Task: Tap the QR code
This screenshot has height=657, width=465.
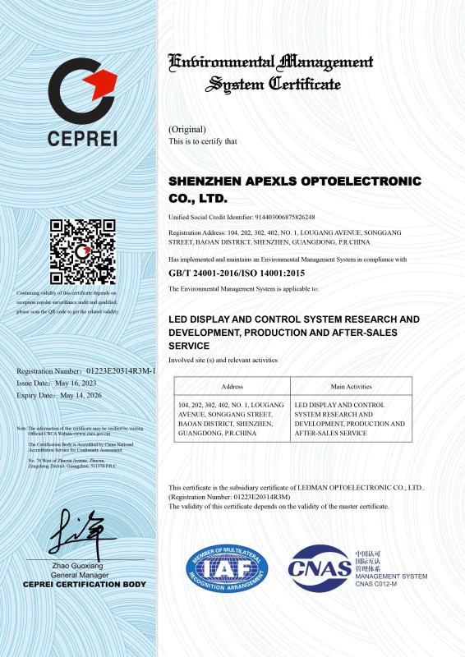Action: tap(82, 251)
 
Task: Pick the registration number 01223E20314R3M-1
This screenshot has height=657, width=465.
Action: tap(114, 372)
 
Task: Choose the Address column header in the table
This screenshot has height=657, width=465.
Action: tap(231, 386)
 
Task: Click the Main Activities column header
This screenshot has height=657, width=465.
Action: tap(351, 386)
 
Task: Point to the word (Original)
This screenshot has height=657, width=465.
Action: tap(187, 130)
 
